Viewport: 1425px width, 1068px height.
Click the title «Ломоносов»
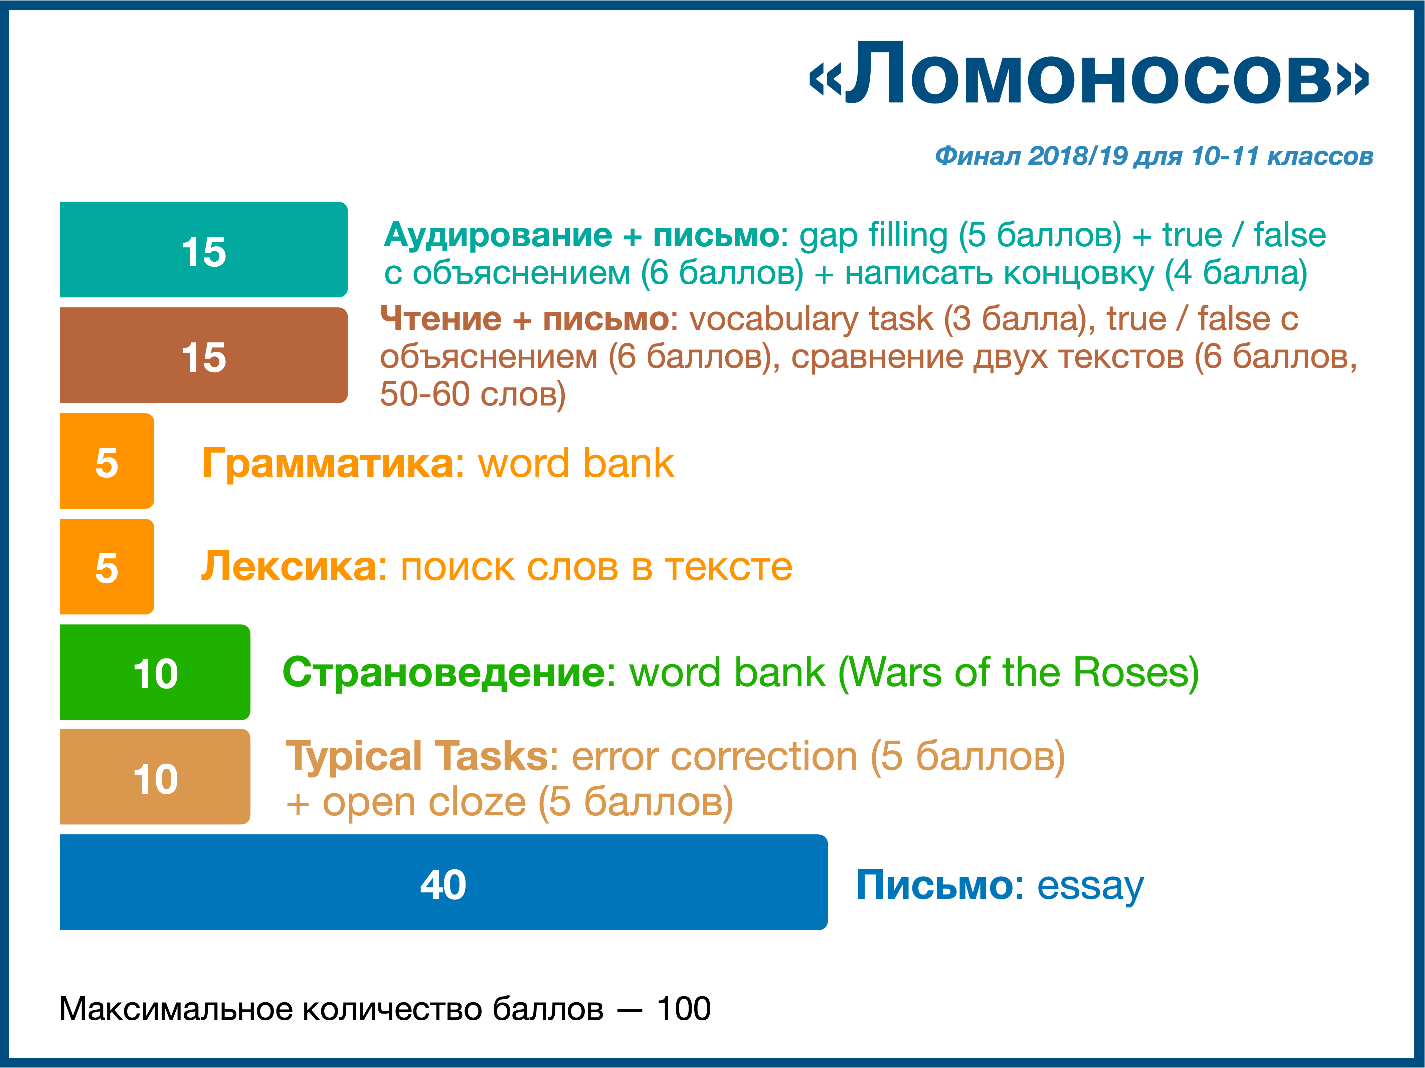point(1089,74)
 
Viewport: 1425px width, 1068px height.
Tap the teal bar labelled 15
point(204,250)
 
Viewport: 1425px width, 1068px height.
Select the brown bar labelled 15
point(204,355)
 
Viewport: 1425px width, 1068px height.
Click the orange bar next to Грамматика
point(107,461)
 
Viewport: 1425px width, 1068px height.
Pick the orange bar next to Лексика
point(107,566)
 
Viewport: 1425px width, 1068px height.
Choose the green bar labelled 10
point(155,672)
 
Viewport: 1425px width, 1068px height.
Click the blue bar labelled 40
point(444,882)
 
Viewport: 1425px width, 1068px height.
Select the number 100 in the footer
point(684,1009)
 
